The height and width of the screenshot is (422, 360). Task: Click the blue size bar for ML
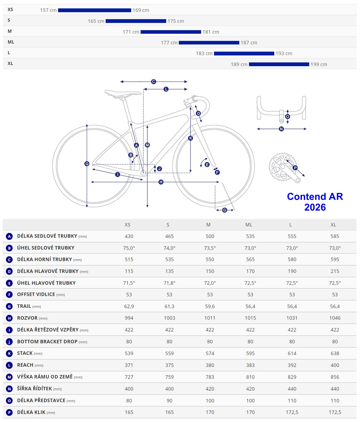209,43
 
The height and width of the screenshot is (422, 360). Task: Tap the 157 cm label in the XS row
48,10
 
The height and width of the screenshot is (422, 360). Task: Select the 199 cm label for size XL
319,64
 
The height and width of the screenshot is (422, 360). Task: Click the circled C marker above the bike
154,82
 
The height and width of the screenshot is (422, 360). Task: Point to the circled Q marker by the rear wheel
87,164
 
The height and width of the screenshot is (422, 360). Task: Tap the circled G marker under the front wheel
224,210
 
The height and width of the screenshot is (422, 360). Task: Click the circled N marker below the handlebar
281,129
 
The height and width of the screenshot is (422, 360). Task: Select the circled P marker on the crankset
295,168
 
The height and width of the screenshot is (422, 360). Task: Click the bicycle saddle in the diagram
123,93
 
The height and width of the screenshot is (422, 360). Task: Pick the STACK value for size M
210,353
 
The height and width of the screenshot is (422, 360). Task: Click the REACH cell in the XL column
335,365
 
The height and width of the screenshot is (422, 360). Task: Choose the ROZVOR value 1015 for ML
250,318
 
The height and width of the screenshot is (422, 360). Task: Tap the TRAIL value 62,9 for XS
129,306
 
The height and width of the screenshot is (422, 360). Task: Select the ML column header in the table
249,225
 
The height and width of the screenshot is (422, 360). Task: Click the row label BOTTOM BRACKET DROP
47,342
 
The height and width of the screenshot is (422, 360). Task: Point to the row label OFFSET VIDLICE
36,294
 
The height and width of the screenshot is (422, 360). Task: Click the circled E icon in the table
9,283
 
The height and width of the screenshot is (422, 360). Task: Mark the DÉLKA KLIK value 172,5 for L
292,412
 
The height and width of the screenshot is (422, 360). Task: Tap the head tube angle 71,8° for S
169,283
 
